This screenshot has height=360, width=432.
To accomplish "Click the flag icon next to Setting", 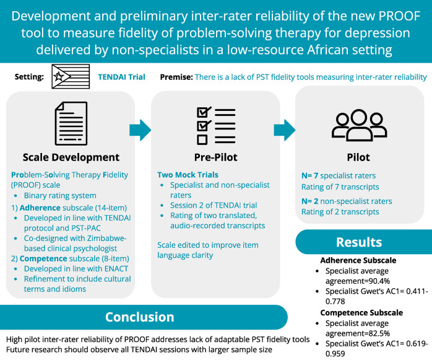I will tap(69, 77).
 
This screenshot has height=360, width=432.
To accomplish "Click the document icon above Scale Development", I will tap(71, 123).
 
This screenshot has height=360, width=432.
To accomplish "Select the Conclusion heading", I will tap(139, 317).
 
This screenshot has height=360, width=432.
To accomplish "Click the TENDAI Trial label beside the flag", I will tap(121, 77).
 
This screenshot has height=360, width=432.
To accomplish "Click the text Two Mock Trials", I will tap(188, 175).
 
